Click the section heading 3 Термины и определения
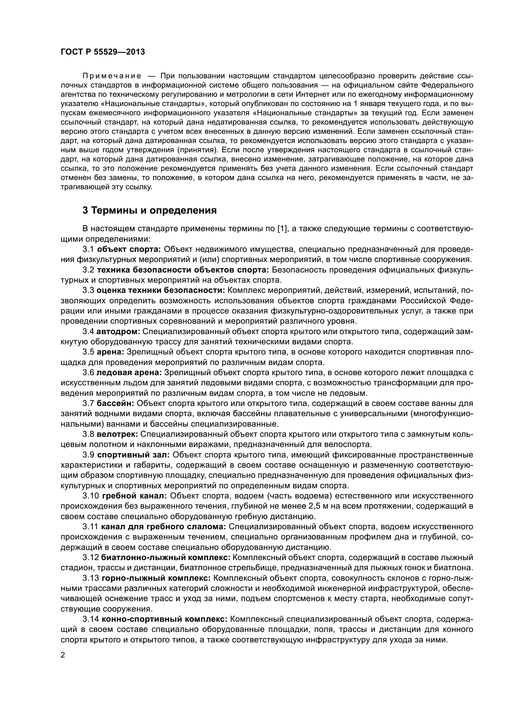click(150, 210)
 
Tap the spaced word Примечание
click(112, 76)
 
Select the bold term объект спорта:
click(129, 249)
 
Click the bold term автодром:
click(118, 332)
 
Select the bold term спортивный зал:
click(134, 455)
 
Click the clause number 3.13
click(91, 578)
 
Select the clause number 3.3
click(88, 290)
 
